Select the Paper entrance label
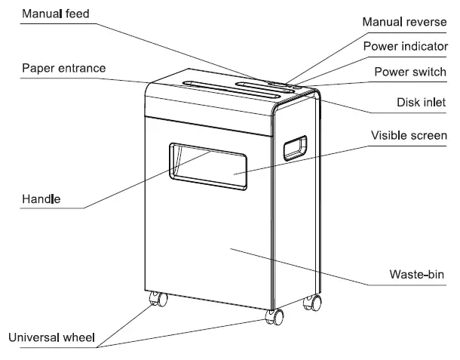pos(63,68)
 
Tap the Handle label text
pos(41,199)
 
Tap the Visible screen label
pos(409,136)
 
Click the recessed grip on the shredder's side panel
pos(295,148)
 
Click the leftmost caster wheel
pos(159,299)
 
